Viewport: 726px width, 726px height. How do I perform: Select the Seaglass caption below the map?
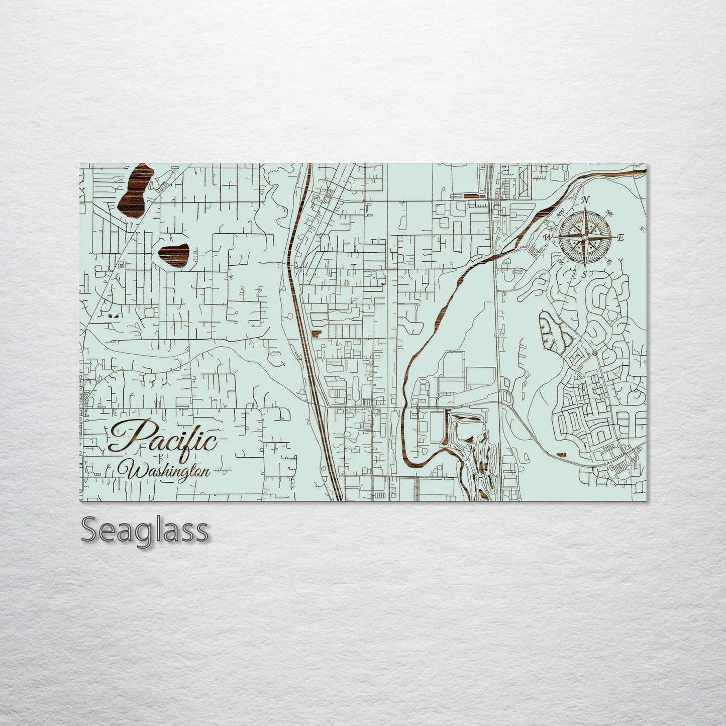[144, 530]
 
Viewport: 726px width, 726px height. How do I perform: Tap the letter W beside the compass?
[549, 237]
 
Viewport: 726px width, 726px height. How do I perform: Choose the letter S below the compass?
[584, 274]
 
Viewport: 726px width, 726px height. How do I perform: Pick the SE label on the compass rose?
[609, 262]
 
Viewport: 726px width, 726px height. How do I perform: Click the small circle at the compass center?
[585, 237]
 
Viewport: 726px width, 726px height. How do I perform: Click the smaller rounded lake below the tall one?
[174, 255]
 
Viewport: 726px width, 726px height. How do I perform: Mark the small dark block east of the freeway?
[316, 333]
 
